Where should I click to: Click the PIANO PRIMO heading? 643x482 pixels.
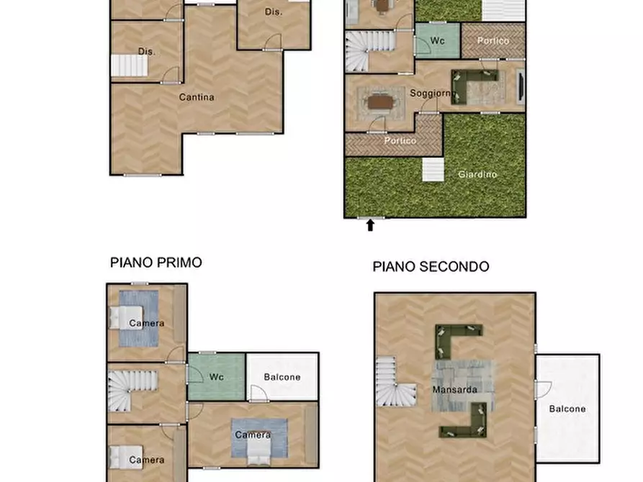click(156, 263)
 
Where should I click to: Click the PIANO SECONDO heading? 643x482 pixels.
click(431, 267)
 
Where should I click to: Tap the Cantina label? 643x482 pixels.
click(197, 97)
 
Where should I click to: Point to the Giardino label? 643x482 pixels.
click(477, 174)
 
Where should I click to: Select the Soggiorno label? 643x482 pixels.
click(431, 94)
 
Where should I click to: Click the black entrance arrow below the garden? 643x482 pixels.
click(371, 225)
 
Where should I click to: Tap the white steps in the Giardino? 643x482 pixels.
click(432, 170)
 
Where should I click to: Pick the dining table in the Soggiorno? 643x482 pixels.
click(380, 103)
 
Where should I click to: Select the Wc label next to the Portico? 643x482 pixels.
click(437, 41)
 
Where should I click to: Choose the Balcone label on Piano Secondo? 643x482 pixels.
click(567, 409)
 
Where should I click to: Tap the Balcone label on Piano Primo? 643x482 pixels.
click(282, 376)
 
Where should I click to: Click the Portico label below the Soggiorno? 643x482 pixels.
click(400, 141)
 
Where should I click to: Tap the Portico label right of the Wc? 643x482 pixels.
click(493, 41)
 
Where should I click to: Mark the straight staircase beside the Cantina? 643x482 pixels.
click(130, 66)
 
